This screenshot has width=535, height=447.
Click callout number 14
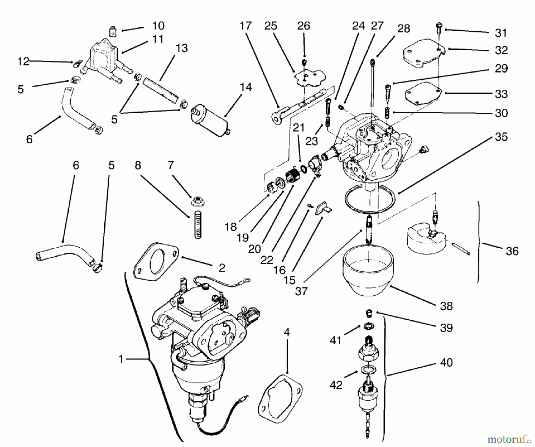pos(246,87)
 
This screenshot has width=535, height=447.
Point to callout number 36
pos(512,251)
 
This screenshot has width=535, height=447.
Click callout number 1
pos(121,359)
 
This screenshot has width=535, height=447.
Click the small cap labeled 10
pos(112,31)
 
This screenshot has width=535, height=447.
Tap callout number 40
pos(446,363)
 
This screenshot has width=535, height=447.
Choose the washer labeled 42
pos(368,370)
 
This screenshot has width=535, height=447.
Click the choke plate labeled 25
pos(309,77)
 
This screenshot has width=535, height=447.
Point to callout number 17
pos(246,26)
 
